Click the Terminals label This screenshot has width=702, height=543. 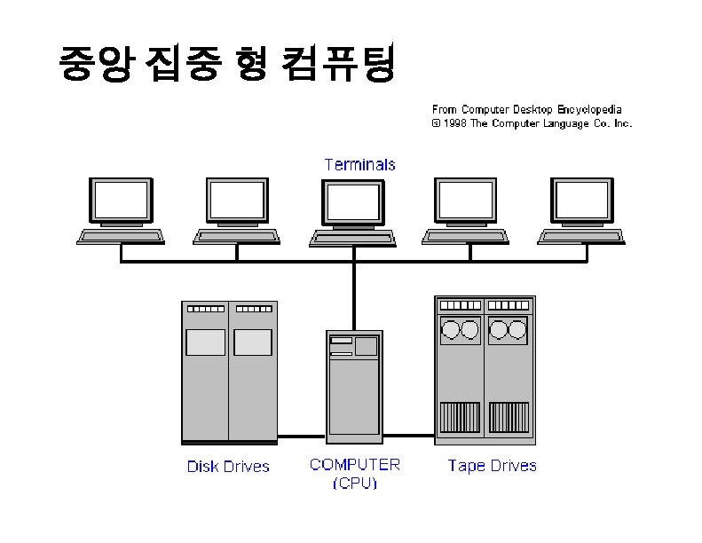click(360, 165)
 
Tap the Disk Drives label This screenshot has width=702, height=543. click(228, 467)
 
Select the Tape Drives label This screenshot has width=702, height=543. click(492, 466)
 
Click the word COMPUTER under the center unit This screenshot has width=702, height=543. click(355, 465)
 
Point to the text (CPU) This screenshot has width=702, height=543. click(355, 483)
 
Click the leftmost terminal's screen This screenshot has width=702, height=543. click(121, 201)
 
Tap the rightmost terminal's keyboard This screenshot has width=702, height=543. click(581, 237)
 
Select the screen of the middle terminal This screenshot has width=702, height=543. click(353, 202)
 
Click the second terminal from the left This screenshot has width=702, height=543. click(237, 211)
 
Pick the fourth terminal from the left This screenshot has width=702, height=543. click(465, 211)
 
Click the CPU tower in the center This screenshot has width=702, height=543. click(355, 387)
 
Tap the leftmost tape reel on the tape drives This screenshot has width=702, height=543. click(450, 330)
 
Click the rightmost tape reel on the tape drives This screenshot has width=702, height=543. click(517, 330)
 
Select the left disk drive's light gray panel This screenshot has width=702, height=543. click(206, 342)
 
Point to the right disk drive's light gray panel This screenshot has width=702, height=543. click(253, 342)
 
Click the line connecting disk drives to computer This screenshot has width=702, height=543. click(302, 436)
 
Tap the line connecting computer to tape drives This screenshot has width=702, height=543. click(409, 435)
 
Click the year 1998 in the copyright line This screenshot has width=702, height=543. click(455, 123)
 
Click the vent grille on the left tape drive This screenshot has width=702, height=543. click(460, 417)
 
